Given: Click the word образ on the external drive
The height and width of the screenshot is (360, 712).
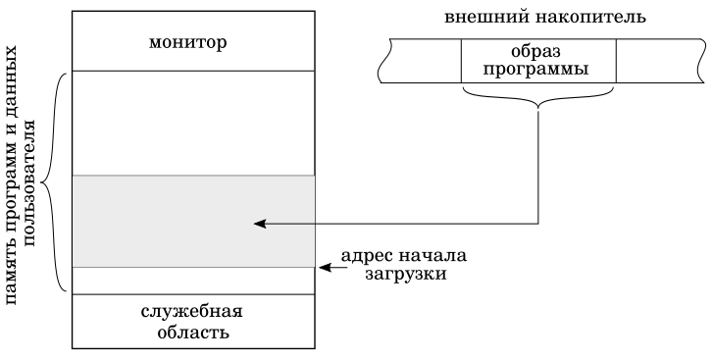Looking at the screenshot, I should point(538,50).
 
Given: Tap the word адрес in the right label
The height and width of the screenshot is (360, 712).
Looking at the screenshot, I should point(367,257).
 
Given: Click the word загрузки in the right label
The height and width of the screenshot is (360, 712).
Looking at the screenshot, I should point(403,276).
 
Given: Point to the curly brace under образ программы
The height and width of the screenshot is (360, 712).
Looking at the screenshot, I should point(538,96).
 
